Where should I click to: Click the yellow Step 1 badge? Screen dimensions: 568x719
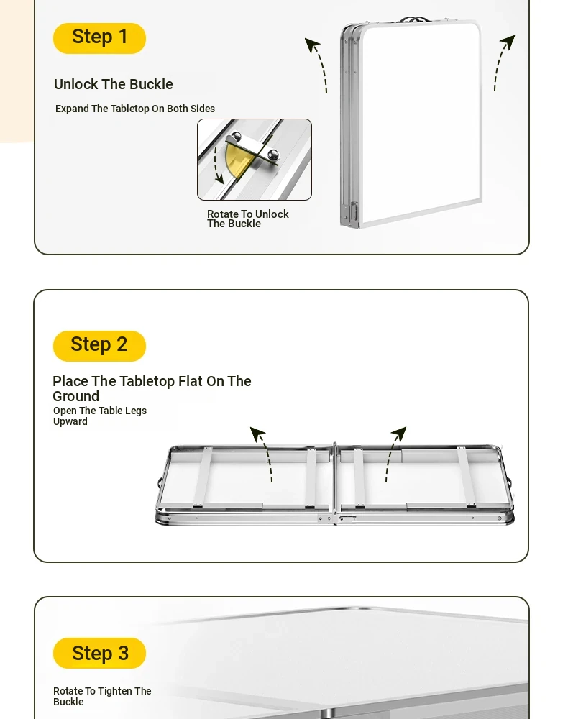pos(99,38)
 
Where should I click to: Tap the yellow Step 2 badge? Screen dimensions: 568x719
pos(99,346)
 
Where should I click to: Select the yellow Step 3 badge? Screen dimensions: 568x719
pos(99,653)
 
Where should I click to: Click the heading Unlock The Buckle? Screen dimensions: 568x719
pos(113,84)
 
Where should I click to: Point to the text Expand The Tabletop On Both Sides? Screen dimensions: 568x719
pos(135,109)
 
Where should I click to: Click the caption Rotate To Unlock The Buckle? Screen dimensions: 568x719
pos(247,219)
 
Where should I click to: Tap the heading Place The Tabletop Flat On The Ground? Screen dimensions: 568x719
pos(152,388)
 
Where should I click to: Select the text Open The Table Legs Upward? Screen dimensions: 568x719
pos(100,416)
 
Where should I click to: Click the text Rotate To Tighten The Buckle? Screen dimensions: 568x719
pos(102,696)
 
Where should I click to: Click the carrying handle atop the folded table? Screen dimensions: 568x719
pos(414,19)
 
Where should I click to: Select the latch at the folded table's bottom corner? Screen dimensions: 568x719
pos(354,213)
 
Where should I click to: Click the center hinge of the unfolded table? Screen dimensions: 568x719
pos(335,483)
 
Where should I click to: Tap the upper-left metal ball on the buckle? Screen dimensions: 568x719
pos(236,136)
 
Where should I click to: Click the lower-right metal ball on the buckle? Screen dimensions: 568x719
pos(272,155)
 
